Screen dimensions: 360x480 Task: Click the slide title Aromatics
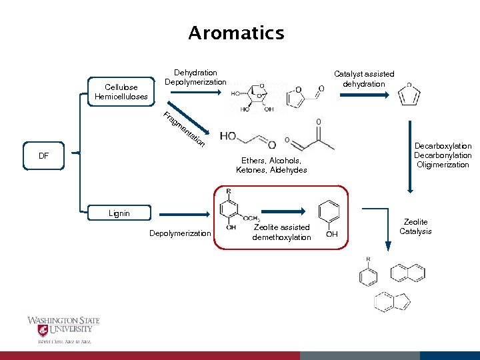[236, 33]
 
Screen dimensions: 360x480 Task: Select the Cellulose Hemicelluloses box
[121, 92]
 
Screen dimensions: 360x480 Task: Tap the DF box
[44, 155]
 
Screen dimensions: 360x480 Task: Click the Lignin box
[120, 213]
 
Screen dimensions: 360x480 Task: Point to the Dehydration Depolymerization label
[195, 77]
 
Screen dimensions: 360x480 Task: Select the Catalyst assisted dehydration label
[364, 79]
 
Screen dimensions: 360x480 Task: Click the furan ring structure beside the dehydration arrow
[409, 97]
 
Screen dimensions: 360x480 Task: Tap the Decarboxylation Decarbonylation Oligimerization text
[443, 155]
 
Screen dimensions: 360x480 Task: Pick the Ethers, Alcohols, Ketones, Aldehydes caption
[271, 165]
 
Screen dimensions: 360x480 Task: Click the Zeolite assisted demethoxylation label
[282, 232]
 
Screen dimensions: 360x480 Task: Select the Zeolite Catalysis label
[415, 227]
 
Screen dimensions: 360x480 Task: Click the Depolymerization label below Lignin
[179, 233]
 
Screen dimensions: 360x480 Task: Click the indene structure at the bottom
[393, 302]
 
